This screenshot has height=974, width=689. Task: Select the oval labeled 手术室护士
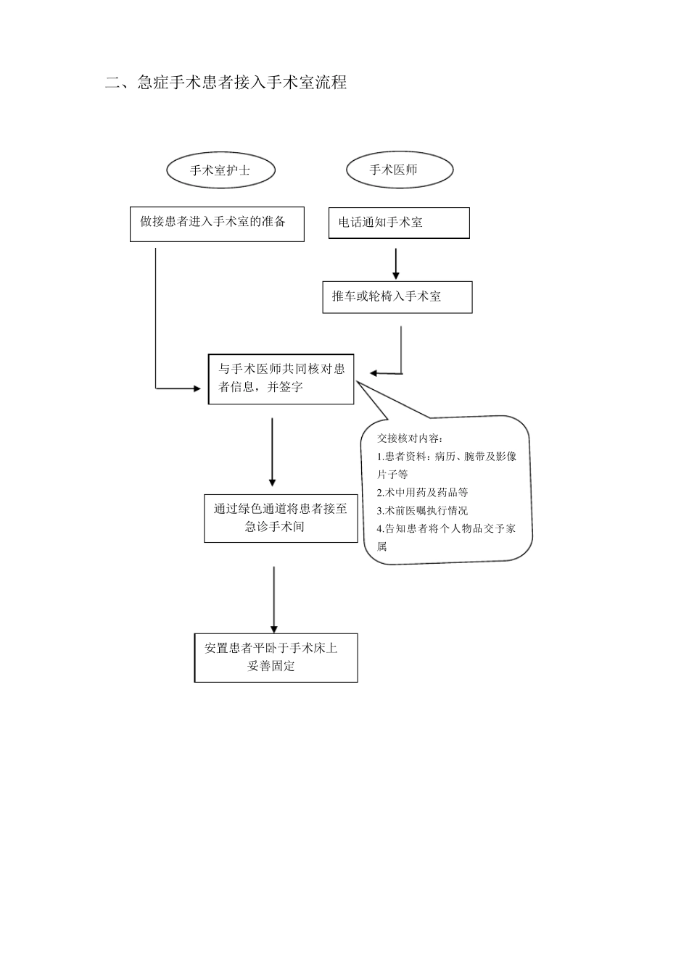click(220, 170)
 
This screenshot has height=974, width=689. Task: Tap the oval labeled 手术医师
click(400, 170)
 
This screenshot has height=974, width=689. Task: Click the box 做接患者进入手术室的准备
click(217, 224)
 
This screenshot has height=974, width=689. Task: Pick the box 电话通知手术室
click(399, 223)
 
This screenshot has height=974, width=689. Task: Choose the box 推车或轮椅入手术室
click(397, 297)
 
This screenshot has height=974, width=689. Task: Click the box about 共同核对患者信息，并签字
click(281, 378)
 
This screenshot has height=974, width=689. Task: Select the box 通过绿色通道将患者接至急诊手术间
click(281, 518)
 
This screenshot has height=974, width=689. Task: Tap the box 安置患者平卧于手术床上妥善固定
click(276, 657)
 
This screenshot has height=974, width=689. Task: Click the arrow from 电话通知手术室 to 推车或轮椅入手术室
click(396, 264)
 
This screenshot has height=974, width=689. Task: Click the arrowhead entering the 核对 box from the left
click(197, 388)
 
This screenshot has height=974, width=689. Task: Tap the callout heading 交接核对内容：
click(410, 438)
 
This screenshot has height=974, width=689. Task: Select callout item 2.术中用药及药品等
click(422, 491)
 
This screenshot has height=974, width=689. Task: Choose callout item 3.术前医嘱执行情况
click(422, 510)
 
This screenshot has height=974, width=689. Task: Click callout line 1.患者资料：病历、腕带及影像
click(447, 457)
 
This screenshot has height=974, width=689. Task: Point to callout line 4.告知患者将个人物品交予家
click(447, 528)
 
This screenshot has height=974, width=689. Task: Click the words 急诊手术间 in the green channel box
click(274, 527)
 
